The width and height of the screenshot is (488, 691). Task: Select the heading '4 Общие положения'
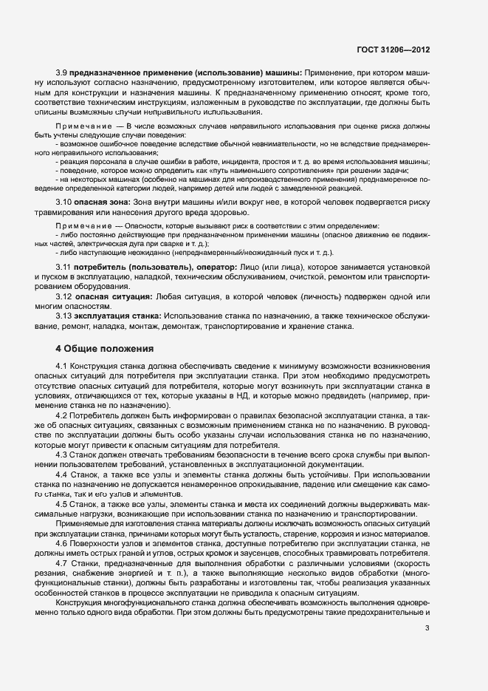tap(104, 348)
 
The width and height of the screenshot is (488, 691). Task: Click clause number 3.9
tap(63, 72)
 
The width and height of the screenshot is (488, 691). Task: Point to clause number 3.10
tap(64, 202)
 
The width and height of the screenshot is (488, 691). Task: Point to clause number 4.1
tap(62, 367)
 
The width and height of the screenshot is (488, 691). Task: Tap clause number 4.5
tap(62, 503)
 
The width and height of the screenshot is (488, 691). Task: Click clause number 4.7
tap(62, 562)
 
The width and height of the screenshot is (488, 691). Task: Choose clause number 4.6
tap(62, 543)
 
